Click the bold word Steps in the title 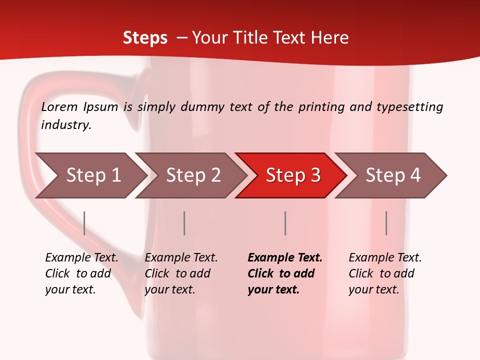(145, 37)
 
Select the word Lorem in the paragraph (59, 106)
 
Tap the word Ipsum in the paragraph (101, 106)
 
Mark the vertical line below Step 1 (84, 223)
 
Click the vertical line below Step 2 (184, 223)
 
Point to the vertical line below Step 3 (285, 223)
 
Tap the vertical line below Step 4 (386, 223)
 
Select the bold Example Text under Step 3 (285, 258)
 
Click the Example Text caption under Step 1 (81, 258)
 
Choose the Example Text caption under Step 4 (385, 258)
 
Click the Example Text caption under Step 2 (181, 258)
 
